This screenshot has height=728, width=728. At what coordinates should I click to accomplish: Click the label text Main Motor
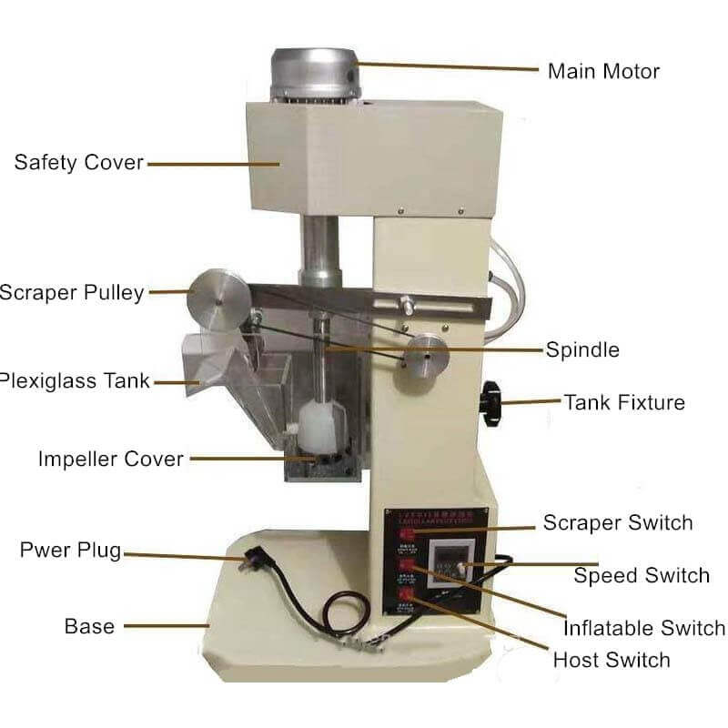(x=603, y=71)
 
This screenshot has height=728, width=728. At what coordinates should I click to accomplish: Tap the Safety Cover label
(x=78, y=163)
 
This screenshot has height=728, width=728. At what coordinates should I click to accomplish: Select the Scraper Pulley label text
(x=72, y=292)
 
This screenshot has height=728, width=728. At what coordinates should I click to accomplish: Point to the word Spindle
(x=582, y=349)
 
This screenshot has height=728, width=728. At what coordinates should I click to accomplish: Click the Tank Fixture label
(x=624, y=401)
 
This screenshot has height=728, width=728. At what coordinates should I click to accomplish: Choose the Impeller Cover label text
(x=110, y=459)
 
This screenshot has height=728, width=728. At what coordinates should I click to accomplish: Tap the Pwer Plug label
(x=71, y=551)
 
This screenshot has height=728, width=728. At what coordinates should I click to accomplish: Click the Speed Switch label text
(x=642, y=576)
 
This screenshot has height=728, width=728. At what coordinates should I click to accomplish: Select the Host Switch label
(x=612, y=660)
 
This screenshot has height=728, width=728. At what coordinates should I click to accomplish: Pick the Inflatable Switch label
(x=644, y=628)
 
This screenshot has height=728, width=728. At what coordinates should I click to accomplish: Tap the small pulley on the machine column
(x=426, y=357)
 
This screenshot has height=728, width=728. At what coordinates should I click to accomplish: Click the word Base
(x=89, y=626)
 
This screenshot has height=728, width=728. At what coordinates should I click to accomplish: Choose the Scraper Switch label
(x=618, y=522)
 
